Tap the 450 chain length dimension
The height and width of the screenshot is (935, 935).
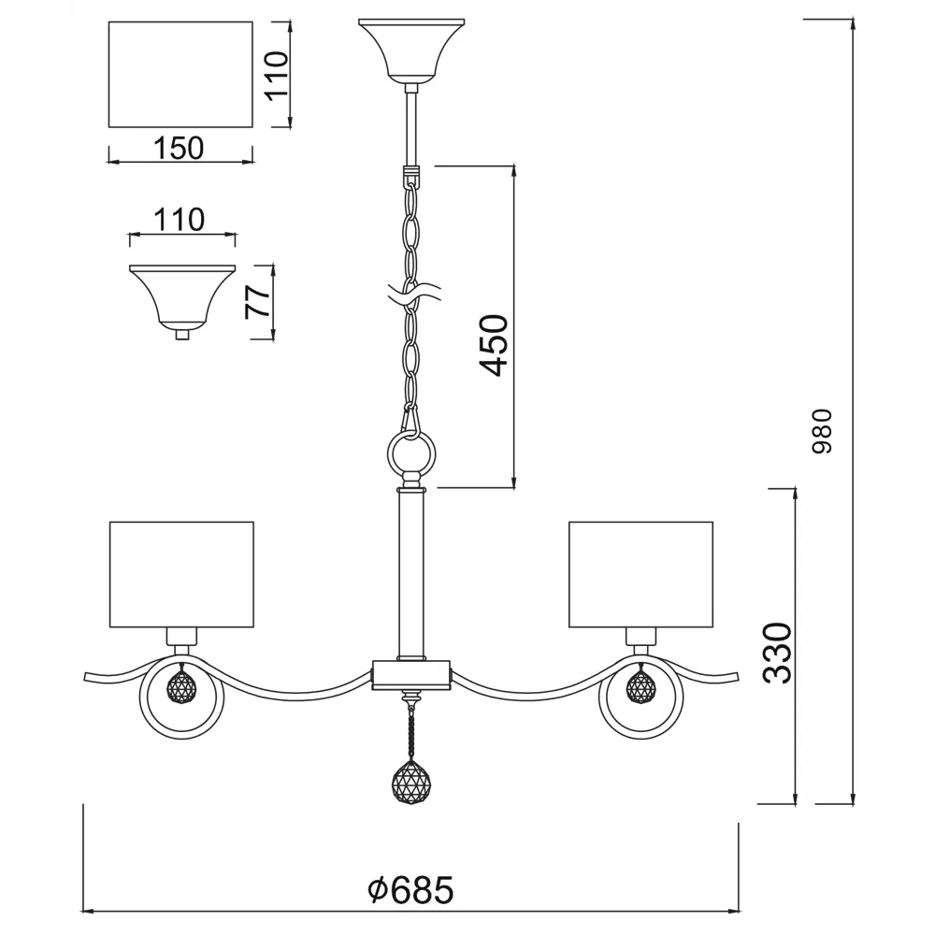coord(495,345)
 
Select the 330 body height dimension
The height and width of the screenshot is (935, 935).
coord(778,653)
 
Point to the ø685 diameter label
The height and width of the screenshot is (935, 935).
coord(410,890)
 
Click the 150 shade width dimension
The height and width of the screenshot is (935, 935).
coord(179,148)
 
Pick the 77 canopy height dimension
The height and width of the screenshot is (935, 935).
coord(258,301)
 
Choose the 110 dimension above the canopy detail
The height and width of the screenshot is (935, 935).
coord(179,220)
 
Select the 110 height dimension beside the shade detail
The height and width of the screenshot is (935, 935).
coord(278,76)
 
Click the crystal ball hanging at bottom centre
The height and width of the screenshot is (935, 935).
coord(411,781)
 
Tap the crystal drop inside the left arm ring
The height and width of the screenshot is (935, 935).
coord(181,684)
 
